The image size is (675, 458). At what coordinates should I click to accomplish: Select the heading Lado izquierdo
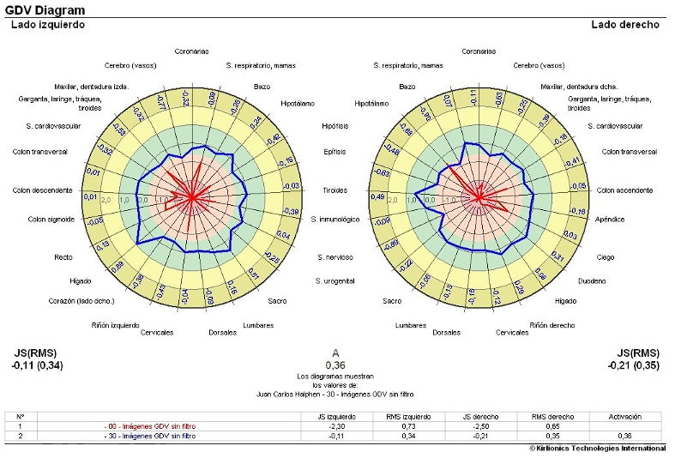pos(47,25)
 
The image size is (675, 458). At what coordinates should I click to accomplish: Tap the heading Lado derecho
pos(625,25)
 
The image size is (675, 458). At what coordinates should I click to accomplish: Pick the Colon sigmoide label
pos(51,220)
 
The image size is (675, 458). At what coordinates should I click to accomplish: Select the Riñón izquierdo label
pos(116,325)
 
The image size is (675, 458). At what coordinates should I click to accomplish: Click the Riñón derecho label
pos(551,325)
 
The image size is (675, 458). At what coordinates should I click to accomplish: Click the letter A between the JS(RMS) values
pos(336,353)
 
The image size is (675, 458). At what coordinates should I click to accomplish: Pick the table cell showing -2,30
pos(337,426)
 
